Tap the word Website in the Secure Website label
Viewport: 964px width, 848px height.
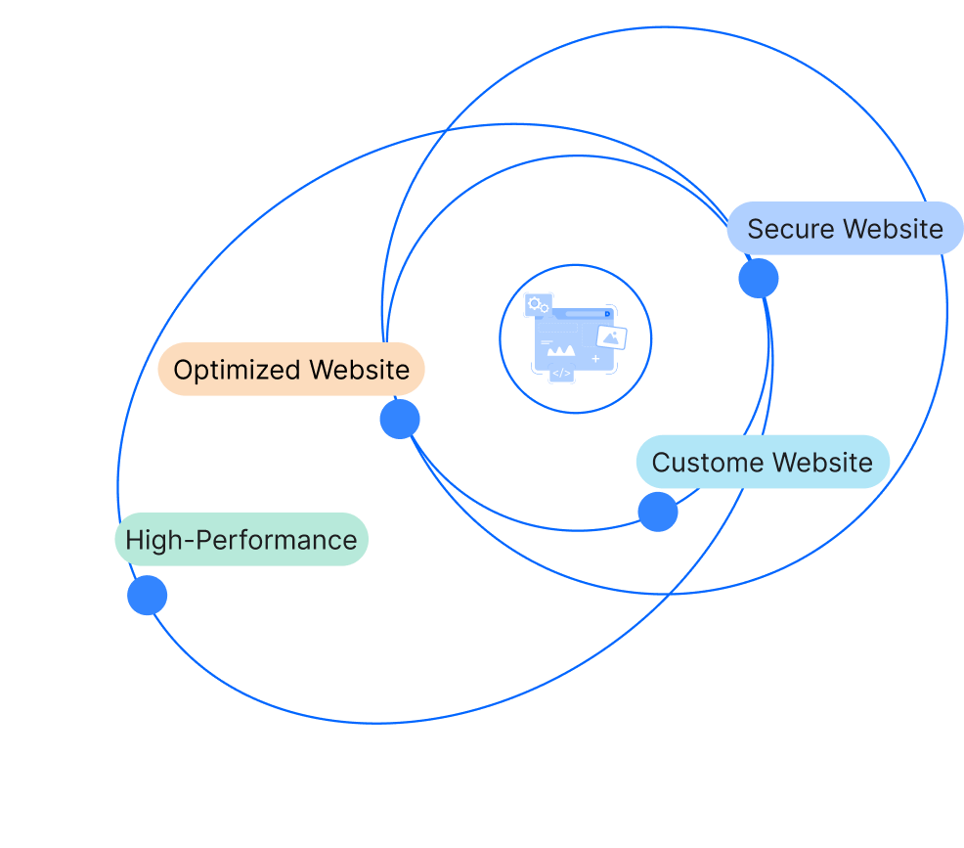click(895, 229)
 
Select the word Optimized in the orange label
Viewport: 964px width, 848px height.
click(236, 370)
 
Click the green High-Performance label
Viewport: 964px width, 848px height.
click(241, 540)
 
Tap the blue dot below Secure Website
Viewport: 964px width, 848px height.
click(759, 279)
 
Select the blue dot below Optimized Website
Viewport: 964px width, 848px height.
click(400, 420)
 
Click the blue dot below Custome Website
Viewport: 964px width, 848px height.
click(658, 512)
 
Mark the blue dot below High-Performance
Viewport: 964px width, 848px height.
click(148, 596)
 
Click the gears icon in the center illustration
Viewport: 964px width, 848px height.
click(538, 305)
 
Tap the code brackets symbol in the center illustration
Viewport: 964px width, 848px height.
click(561, 373)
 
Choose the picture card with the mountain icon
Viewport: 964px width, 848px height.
click(612, 337)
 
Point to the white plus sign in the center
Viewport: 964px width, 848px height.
click(595, 359)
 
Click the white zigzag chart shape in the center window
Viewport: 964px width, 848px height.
click(561, 349)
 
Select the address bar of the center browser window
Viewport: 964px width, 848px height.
click(584, 314)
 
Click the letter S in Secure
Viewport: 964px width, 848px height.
click(755, 229)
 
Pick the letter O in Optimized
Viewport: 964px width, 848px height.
click(183, 370)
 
